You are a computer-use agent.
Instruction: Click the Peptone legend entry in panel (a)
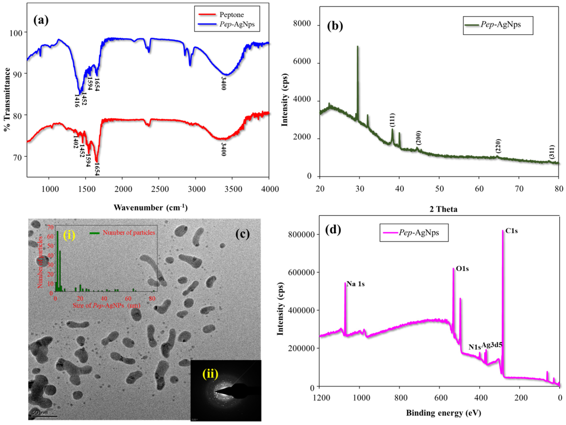[231, 15]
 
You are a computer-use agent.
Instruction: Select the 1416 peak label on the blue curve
[76, 101]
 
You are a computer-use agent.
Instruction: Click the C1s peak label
[511, 231]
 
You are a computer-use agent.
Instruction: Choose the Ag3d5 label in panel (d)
[492, 345]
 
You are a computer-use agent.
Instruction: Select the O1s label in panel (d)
[462, 269]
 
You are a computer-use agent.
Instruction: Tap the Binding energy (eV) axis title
[443, 413]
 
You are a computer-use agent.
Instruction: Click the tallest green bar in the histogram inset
[58, 261]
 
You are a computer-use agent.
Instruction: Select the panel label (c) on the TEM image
[242, 234]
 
